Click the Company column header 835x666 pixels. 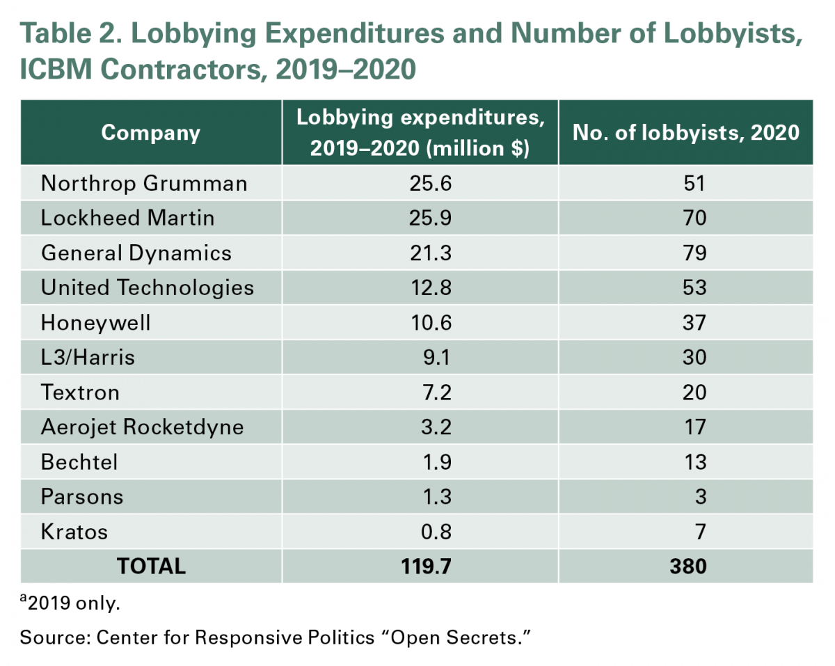pyautogui.click(x=150, y=132)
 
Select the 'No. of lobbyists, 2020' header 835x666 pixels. pyautogui.click(x=685, y=132)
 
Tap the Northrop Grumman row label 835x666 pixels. pyautogui.click(x=144, y=183)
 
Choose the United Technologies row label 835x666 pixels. pyautogui.click(x=148, y=287)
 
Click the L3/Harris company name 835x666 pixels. pyautogui.click(x=88, y=357)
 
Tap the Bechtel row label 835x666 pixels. pyautogui.click(x=79, y=461)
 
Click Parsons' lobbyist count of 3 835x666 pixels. pyautogui.click(x=701, y=496)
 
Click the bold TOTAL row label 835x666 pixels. pyautogui.click(x=151, y=566)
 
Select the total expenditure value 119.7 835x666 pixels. pyautogui.click(x=427, y=566)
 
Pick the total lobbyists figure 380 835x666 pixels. pyautogui.click(x=690, y=566)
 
